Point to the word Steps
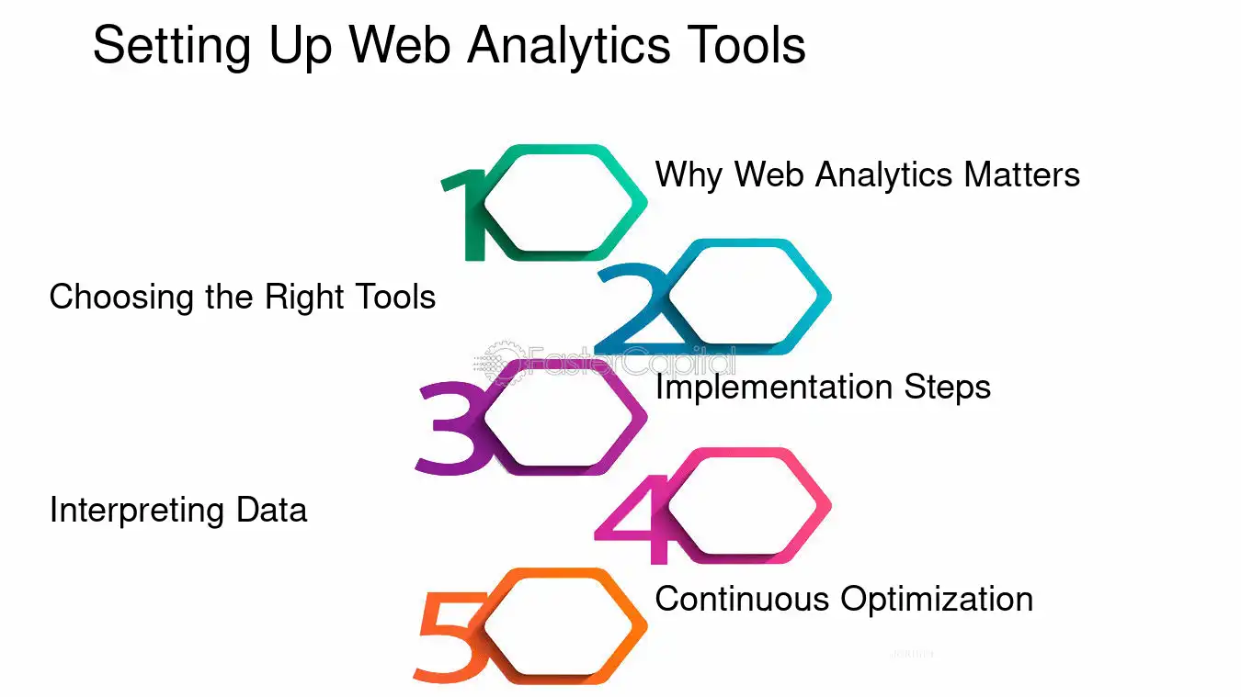point(947,387)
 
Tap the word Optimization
point(938,599)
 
